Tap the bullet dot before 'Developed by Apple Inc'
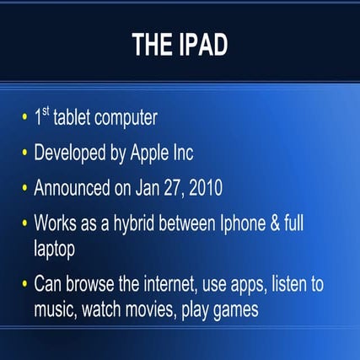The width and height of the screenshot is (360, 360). (x=24, y=154)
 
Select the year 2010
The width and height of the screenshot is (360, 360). (x=207, y=187)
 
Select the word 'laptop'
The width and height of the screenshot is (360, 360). (x=56, y=249)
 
